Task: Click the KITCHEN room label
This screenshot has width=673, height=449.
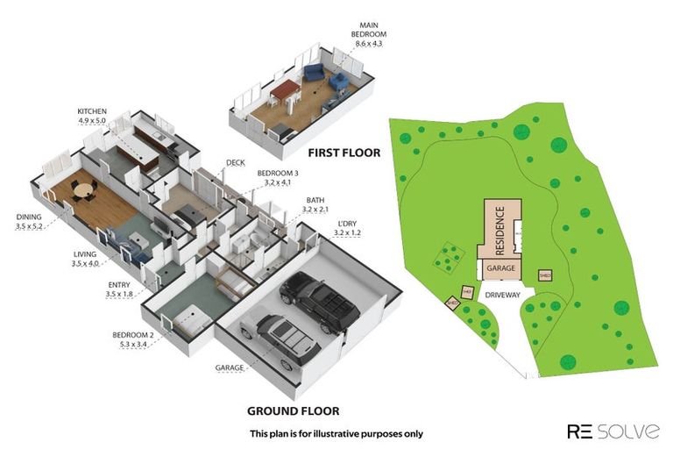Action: coord(92,111)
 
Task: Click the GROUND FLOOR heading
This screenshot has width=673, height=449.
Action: coord(293,410)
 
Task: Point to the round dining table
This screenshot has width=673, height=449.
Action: coord(82,188)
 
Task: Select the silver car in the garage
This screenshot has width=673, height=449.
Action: coord(278,339)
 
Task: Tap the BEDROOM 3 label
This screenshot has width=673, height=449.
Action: coord(277,174)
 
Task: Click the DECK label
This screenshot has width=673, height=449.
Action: coord(235,162)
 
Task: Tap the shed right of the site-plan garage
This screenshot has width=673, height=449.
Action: coord(544,275)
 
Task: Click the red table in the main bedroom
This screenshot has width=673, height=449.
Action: coord(285,89)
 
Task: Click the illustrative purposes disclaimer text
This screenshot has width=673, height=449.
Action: coord(336,433)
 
